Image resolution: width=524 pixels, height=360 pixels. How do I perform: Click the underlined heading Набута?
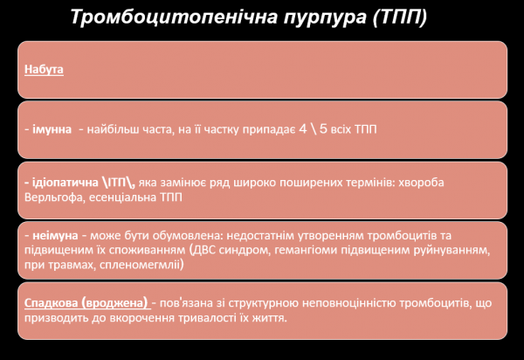44,68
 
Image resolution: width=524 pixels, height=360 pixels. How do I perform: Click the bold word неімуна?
52,235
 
